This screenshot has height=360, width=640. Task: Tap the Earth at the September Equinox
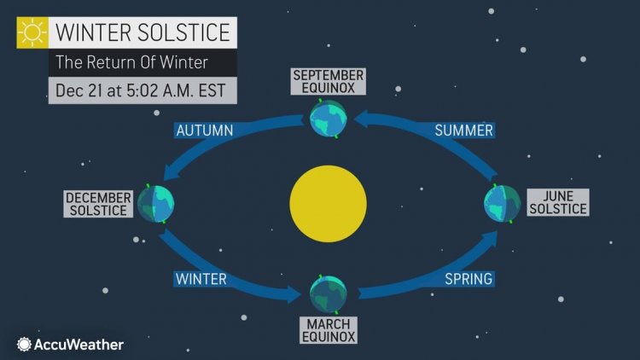click(328, 119)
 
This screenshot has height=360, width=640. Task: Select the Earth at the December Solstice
click(156, 203)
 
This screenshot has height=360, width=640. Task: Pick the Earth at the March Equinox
click(328, 294)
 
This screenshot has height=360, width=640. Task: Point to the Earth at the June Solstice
click(502, 203)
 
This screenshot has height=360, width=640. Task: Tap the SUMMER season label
click(463, 131)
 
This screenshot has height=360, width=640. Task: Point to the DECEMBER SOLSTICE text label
click(98, 204)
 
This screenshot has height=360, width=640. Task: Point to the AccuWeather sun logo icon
click(23, 344)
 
